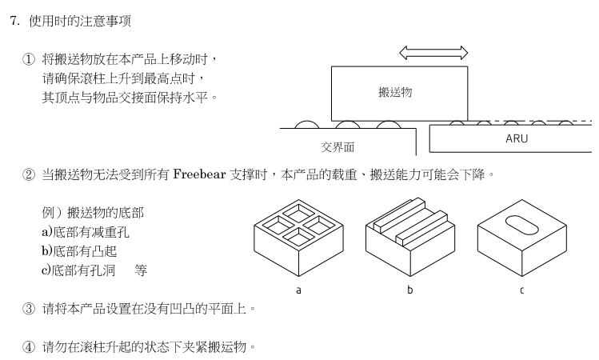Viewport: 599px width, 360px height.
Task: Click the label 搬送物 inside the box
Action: [x=395, y=92]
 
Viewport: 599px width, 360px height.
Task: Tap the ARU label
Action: [x=517, y=138]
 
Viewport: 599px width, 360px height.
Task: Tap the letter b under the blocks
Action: [x=409, y=290]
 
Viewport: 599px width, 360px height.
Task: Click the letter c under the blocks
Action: [x=522, y=290]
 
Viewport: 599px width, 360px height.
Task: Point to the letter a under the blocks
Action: [x=298, y=290]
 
